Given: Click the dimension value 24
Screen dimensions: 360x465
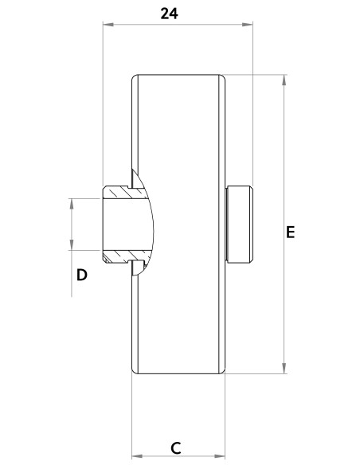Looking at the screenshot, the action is pos(169,14).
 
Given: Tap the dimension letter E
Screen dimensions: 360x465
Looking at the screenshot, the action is pos(291,232).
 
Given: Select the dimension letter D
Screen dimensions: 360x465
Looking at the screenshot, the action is pos(82,275).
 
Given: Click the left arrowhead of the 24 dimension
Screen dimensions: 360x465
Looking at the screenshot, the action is pos(108,25).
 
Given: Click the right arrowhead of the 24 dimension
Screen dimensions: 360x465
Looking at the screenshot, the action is pos(248,25).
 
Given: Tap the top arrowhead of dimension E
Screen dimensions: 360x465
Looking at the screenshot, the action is pos(284,80).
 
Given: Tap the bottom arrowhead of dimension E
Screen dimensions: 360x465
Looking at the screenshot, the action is pos(284,368).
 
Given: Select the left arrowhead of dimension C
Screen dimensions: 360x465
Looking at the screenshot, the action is pos(137,455).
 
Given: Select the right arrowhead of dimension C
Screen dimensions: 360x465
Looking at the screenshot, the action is pos(220,455).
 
